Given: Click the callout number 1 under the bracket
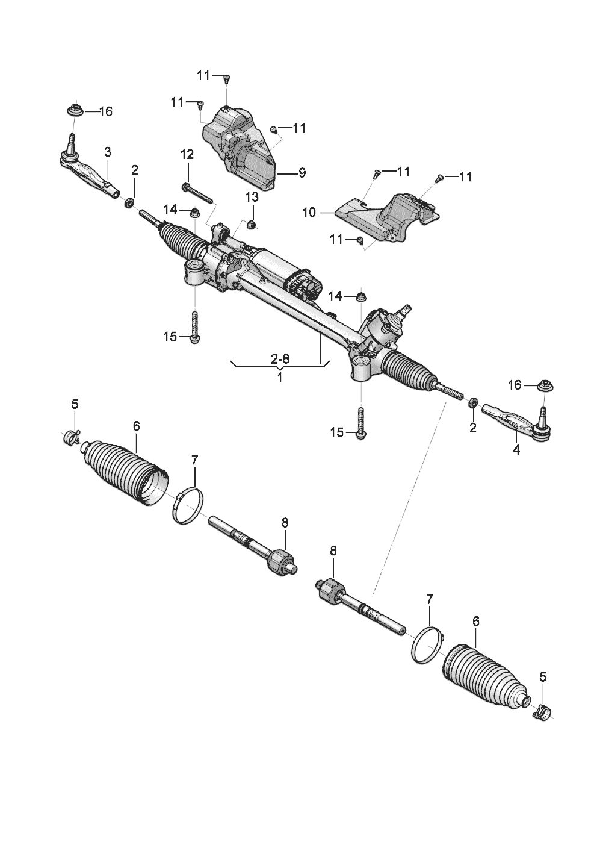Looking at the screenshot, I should point(280,378).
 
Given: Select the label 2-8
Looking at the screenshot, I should point(280,360).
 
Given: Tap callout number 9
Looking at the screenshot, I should point(302,173).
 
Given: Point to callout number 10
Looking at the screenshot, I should point(309,213).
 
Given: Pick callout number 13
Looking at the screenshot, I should point(251,197).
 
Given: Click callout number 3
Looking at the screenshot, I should point(107,151).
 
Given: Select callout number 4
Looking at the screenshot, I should point(516,449).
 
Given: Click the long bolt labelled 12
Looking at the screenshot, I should point(199,193).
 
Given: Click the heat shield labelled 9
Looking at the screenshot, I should point(241,145).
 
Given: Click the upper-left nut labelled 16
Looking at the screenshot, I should point(75,111).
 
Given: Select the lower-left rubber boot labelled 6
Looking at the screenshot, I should point(123,473).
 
